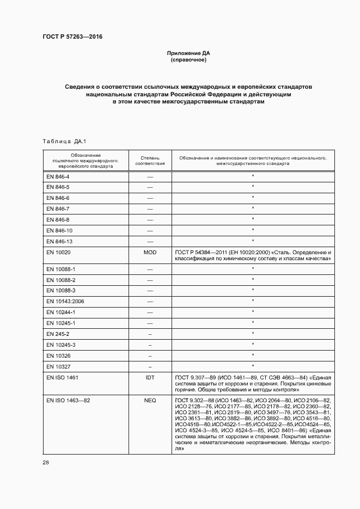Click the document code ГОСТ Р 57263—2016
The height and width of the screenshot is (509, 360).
pyautogui.click(x=72, y=37)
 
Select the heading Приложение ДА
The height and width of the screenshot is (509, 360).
pyautogui.click(x=188, y=53)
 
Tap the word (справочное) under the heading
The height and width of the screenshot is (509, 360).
pyautogui.click(x=188, y=60)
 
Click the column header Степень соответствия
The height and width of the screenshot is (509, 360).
pyautogui.click(x=149, y=161)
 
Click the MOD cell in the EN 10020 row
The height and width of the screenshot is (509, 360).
pyautogui.click(x=150, y=253)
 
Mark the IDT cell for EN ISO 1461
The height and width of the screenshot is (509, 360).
pyautogui.click(x=150, y=377)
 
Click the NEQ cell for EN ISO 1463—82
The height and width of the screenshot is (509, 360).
pyautogui.click(x=150, y=400)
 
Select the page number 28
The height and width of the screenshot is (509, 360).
pyautogui.click(x=46, y=462)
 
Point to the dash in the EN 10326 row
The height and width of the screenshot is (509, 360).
pyautogui.click(x=150, y=355)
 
